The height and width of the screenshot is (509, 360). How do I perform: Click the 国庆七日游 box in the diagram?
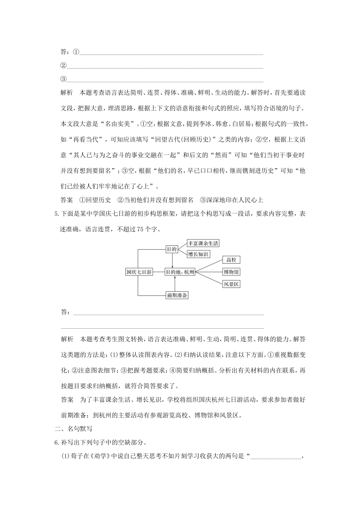point(139,272)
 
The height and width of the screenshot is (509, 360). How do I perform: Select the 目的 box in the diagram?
point(172,249)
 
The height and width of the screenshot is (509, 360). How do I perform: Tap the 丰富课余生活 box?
point(203,243)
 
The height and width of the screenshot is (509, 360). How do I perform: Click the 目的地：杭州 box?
point(180,272)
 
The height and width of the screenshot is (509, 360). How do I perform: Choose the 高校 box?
point(231,260)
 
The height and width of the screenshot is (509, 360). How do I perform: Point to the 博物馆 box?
point(231,272)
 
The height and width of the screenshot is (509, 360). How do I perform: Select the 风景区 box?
point(231,284)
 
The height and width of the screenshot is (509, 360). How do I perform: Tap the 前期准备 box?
point(177,295)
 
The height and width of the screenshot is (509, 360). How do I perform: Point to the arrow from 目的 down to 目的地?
point(172,261)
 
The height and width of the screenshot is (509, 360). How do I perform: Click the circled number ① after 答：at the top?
point(76,52)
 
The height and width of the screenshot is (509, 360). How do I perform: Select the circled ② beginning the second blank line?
point(63,66)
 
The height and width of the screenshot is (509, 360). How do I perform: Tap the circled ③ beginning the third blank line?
point(63,79)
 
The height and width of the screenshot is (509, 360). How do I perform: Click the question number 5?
point(57,214)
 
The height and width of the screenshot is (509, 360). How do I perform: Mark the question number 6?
point(57,443)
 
